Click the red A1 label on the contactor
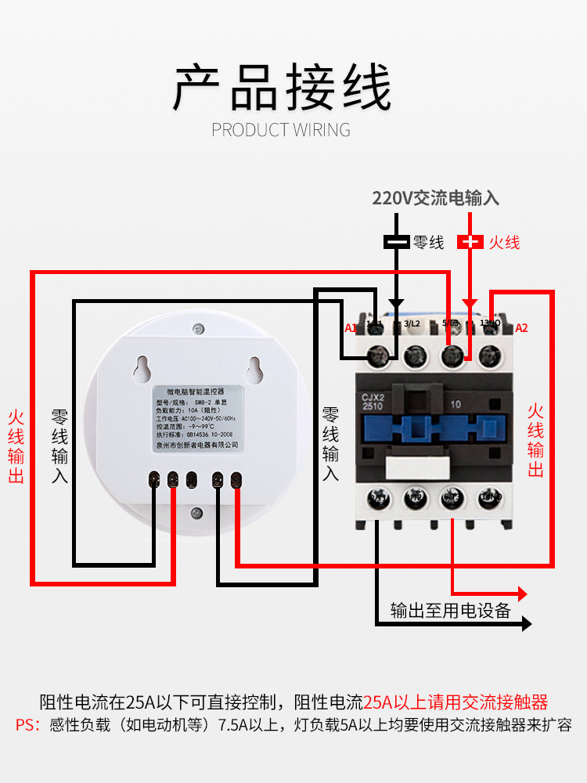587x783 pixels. [351, 327]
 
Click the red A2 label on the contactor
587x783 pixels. [521, 327]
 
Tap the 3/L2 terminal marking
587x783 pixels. [412, 323]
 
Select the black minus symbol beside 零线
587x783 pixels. [397, 242]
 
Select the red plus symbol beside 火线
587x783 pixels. [470, 242]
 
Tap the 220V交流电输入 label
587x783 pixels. [435, 199]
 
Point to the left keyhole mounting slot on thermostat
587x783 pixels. [142, 367]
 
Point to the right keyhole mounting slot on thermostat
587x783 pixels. [254, 367]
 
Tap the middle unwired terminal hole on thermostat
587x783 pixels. [192, 478]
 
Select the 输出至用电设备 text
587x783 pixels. [450, 611]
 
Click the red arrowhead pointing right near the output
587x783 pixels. [520, 594]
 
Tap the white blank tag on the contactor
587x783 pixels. [418, 467]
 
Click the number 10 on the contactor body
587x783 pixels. [456, 405]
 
